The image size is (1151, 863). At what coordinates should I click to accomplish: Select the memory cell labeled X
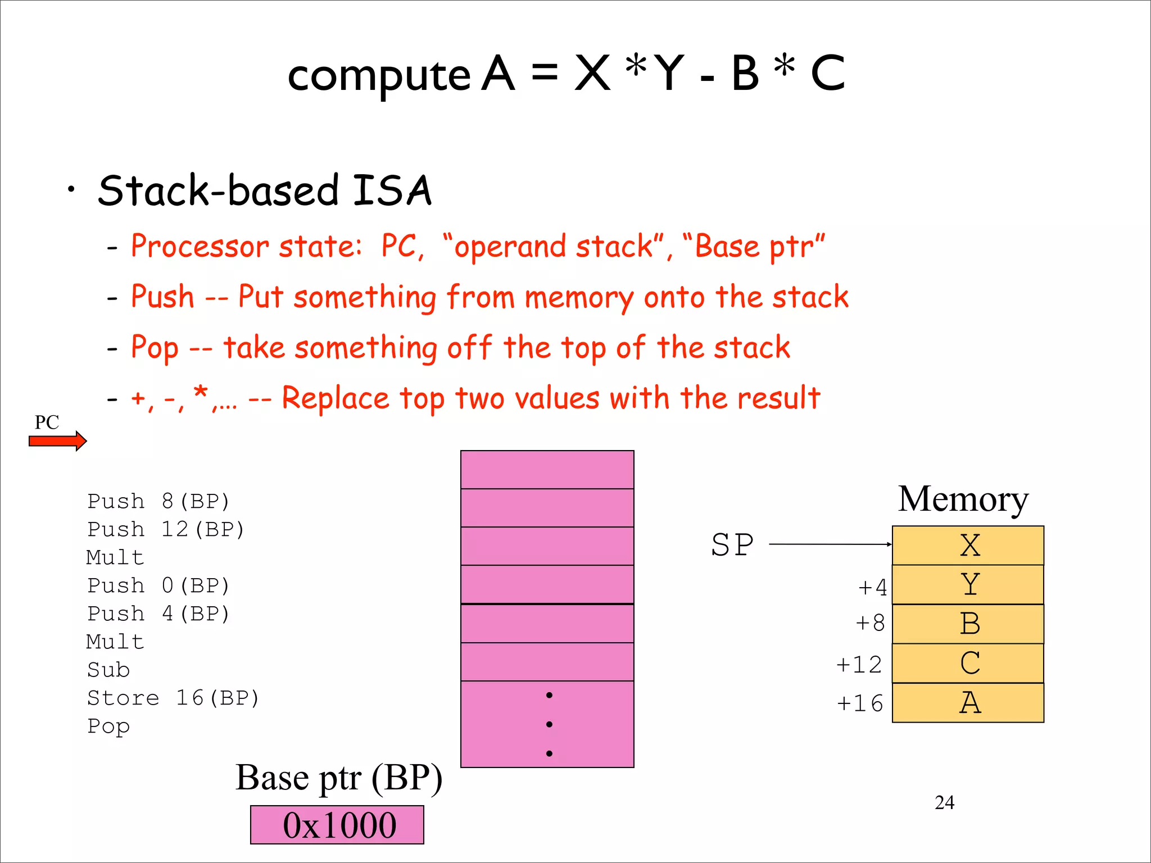tap(968, 545)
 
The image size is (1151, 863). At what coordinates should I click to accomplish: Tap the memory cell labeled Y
tap(968, 584)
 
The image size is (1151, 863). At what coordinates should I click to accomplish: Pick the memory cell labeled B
tap(968, 624)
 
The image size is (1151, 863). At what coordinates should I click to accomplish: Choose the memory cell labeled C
tap(968, 663)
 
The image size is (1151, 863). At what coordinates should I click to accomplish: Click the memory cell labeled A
tap(968, 702)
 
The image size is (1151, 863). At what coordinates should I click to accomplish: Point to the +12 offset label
tap(859, 665)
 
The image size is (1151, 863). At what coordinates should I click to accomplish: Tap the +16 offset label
tap(860, 703)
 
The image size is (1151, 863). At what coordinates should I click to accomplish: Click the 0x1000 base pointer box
tap(337, 825)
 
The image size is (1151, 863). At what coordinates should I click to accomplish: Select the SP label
tap(732, 545)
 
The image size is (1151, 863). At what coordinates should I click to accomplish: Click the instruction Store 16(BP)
tap(173, 698)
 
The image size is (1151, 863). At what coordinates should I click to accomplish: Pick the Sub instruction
tap(108, 670)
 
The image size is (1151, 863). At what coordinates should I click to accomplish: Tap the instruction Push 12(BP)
tap(166, 529)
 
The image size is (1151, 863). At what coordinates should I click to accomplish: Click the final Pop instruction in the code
tap(108, 726)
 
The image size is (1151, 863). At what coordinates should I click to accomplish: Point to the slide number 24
tap(944, 802)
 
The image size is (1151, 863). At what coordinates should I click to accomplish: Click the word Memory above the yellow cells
tap(963, 499)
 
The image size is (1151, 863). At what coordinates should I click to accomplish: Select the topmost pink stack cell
tap(547, 470)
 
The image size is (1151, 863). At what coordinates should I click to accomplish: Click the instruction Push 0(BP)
tap(158, 585)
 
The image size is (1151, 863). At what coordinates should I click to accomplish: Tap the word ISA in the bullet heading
tap(392, 190)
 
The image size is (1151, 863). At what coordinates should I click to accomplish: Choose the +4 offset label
tap(873, 588)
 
